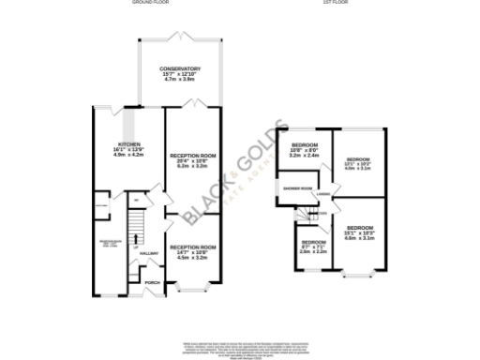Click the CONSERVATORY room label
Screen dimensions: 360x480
pyautogui.click(x=179, y=69)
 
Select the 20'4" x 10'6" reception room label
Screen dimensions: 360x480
pyautogui.click(x=193, y=155)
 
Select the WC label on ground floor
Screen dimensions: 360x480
pyautogui.click(x=137, y=199)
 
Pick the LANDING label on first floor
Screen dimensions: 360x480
pyautogui.click(x=322, y=195)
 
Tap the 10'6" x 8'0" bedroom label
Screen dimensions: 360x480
pyautogui.click(x=303, y=145)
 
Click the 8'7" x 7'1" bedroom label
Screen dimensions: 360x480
pyautogui.click(x=312, y=247)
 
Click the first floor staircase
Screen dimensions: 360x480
pyautogui.click(x=317, y=217)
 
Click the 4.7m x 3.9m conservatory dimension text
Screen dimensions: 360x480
pyautogui.click(x=179, y=81)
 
